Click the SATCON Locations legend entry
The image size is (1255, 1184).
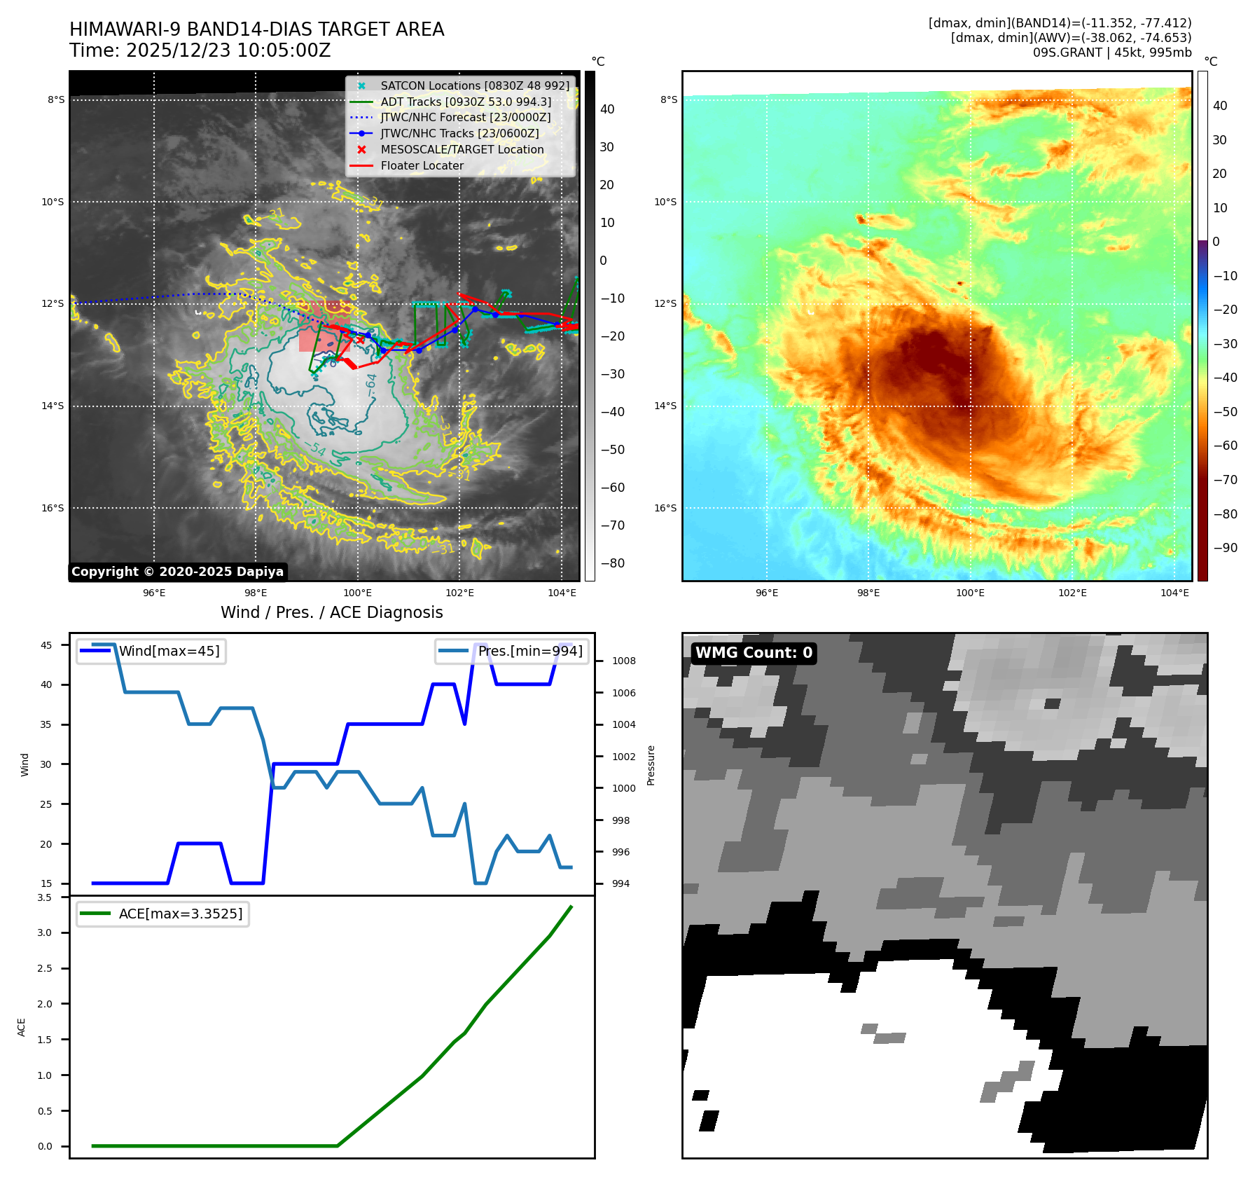[475, 85]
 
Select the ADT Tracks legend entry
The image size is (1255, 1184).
[466, 102]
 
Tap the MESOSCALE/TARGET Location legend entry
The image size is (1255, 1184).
[462, 149]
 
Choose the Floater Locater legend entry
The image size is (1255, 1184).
[422, 165]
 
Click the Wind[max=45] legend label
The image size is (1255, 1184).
[169, 651]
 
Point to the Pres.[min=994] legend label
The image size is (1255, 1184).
[530, 651]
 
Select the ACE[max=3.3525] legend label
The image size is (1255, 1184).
[181, 914]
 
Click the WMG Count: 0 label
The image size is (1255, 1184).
[754, 653]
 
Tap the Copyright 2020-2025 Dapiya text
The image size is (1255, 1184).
[177, 572]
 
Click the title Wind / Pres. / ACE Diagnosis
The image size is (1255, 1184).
[331, 612]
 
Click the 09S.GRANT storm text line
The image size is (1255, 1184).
[1111, 53]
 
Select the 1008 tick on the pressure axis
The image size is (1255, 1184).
[623, 661]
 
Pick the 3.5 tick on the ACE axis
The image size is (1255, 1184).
[44, 897]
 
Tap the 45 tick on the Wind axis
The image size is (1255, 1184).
[46, 645]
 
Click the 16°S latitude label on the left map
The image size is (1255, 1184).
[53, 508]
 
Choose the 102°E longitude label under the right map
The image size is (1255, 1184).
[1072, 593]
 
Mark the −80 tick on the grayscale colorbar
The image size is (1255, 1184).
[612, 563]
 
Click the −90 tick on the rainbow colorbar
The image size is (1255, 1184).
[1225, 548]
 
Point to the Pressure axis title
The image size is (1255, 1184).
[651, 765]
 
